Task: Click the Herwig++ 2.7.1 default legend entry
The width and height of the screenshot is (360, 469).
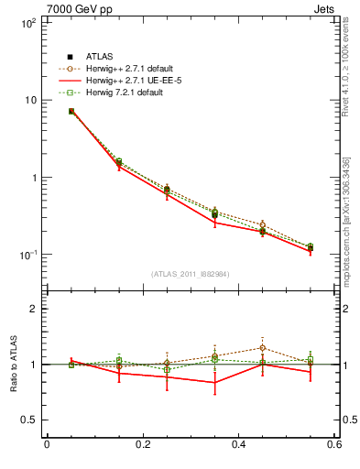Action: click(125, 69)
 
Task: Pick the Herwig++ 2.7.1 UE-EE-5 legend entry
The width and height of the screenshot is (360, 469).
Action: click(124, 81)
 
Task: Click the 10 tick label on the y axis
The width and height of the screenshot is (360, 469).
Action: click(29, 100)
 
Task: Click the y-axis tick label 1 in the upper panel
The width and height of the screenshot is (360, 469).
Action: click(34, 178)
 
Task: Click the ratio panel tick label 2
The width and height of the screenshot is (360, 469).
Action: click(34, 310)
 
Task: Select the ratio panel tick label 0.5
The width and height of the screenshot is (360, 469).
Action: click(29, 420)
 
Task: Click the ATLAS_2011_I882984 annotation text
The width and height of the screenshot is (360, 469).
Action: click(191, 274)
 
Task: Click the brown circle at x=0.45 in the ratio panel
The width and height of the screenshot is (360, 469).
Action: click(263, 348)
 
